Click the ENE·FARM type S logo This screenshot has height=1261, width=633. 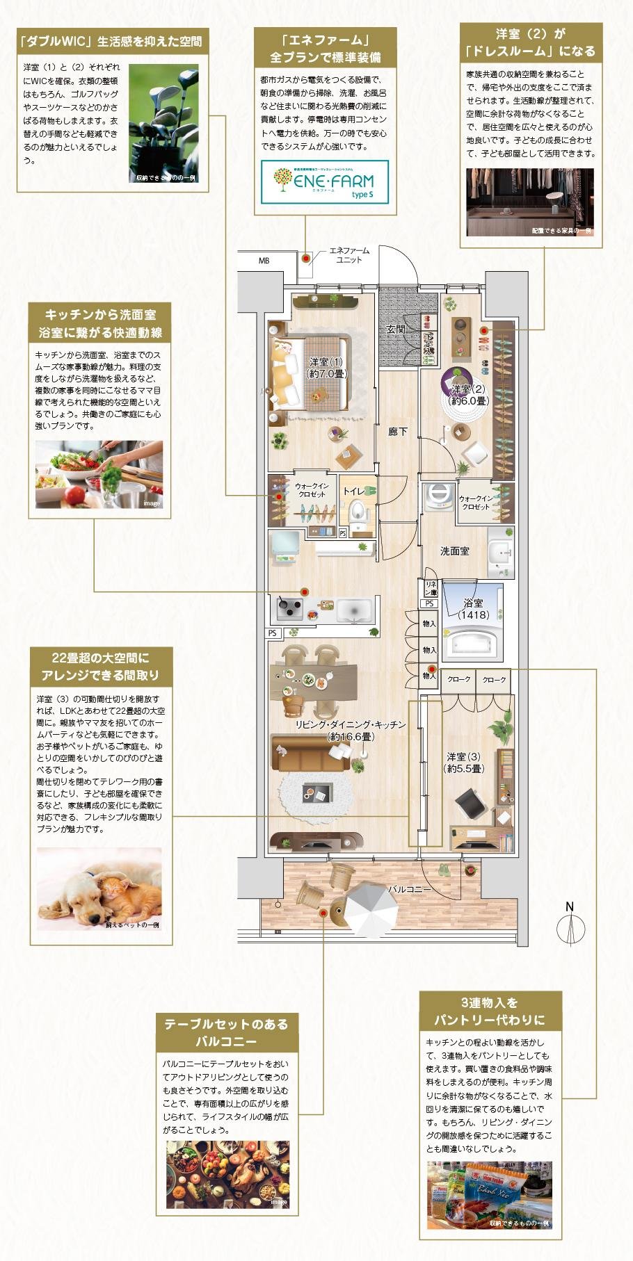325,181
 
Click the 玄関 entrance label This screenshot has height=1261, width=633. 396,329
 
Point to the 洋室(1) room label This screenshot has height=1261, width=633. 326,367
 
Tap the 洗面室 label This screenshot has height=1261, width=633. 454,551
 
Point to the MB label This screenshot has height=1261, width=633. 264,261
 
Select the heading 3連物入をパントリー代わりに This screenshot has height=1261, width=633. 490,1011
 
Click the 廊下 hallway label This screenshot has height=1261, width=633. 398,431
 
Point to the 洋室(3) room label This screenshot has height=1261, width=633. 464,763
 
